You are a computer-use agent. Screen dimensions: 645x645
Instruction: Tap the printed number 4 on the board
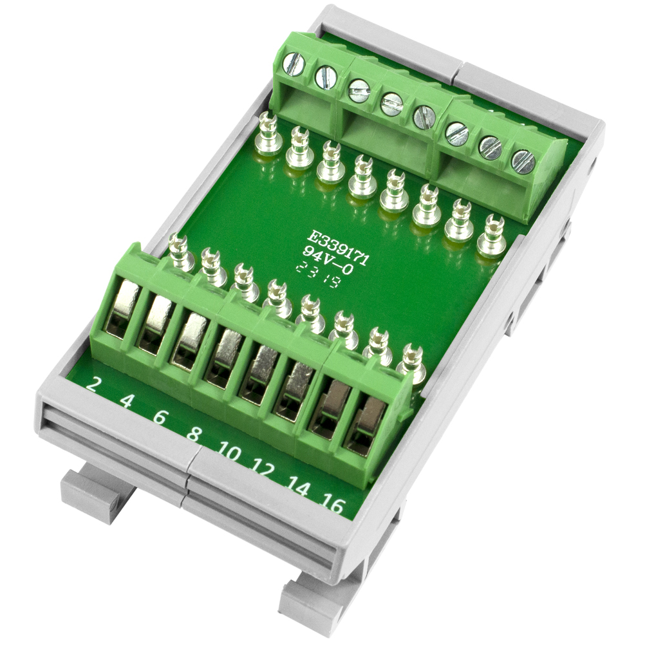pos(127,403)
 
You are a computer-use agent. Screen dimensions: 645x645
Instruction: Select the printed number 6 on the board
pos(160,419)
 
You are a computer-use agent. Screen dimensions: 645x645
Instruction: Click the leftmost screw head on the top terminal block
pos(294,64)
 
